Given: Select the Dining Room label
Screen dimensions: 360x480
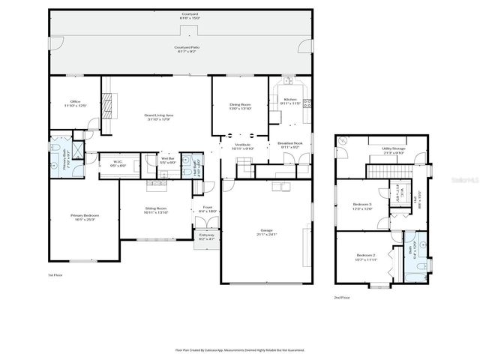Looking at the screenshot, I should point(239,106).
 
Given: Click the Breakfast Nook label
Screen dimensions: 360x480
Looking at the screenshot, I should point(290,145).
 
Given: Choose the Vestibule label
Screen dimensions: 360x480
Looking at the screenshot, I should point(244,146).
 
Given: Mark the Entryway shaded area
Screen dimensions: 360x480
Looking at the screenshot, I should point(205,237).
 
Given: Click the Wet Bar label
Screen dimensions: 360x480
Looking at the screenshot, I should point(168,160).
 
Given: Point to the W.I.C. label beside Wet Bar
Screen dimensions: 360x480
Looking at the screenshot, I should point(118,163).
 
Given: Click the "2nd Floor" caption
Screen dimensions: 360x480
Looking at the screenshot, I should point(342,297).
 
